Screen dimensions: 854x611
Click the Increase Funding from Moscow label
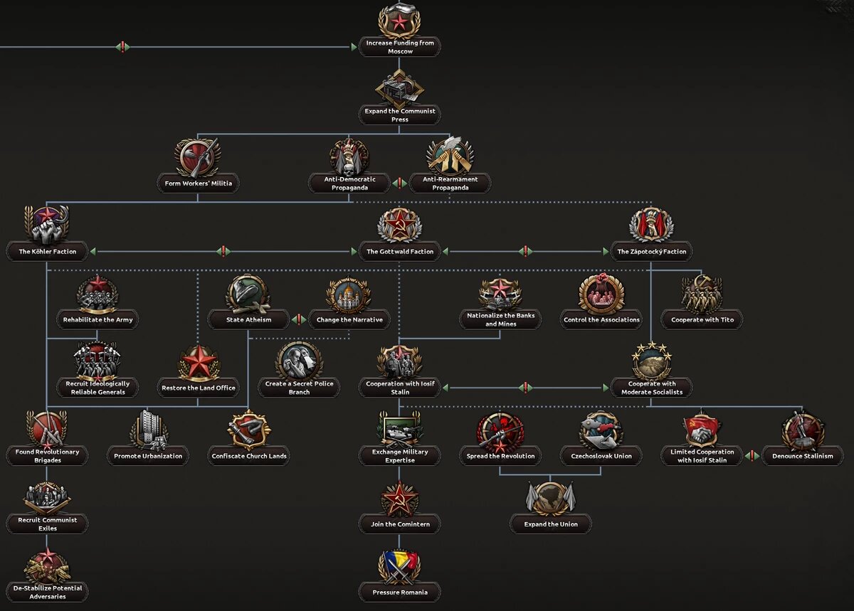[399, 47]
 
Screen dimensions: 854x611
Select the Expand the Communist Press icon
[399, 88]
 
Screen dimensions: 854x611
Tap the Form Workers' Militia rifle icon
[198, 157]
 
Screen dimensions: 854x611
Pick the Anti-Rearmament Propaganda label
[450, 184]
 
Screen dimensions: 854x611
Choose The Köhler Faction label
[47, 252]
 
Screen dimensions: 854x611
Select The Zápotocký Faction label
[652, 252]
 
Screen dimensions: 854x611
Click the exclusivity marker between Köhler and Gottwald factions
[223, 252]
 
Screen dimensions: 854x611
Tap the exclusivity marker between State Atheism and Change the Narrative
[299, 319]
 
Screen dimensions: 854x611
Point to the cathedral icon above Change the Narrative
[349, 294]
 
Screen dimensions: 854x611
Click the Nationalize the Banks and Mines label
[500, 319]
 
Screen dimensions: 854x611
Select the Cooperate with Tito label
[702, 320]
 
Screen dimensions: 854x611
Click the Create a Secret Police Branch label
[299, 388]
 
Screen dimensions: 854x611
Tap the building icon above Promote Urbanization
[149, 430]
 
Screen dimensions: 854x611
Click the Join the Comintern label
[399, 524]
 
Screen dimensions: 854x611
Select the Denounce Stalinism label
[803, 456]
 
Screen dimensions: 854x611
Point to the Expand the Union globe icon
[551, 498]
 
